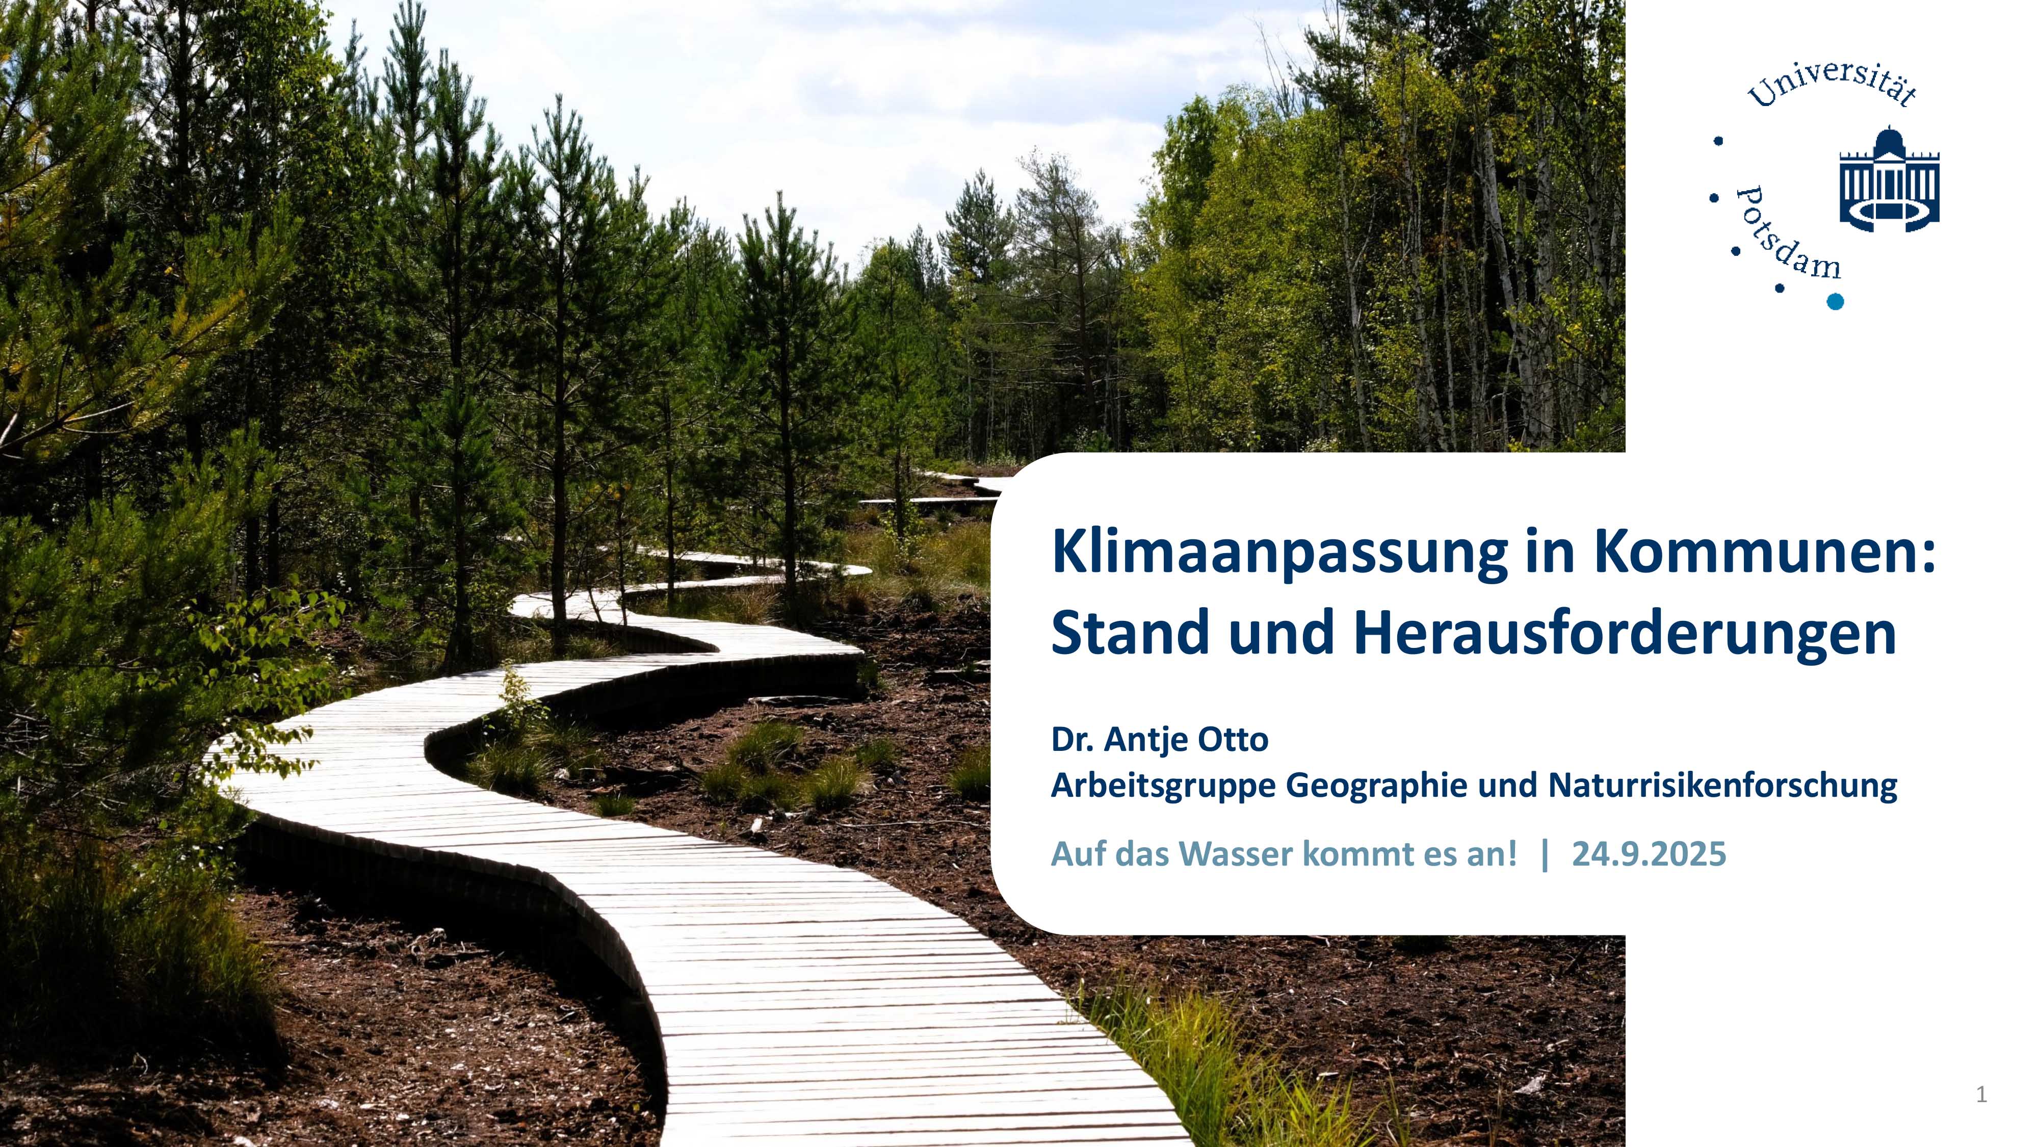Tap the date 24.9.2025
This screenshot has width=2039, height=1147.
(1649, 854)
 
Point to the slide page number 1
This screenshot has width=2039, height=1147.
(1981, 1095)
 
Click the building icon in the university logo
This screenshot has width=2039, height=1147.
(1889, 179)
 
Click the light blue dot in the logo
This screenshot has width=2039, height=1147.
(1835, 301)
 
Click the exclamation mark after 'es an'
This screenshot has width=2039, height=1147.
(1512, 854)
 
